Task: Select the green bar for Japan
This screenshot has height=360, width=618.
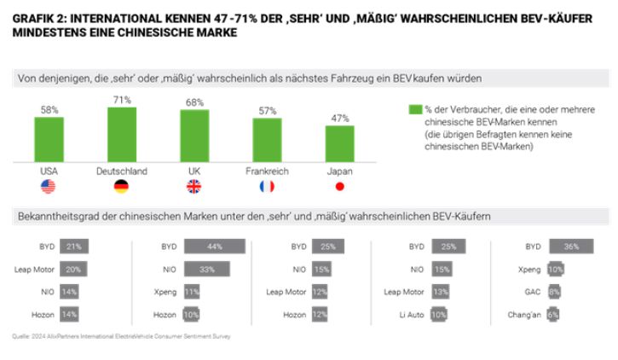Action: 339,144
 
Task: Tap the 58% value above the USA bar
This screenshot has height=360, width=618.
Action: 49,109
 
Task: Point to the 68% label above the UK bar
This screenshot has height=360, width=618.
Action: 194,103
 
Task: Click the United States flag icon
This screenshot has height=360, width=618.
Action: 49,186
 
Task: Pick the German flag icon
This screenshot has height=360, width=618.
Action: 121,186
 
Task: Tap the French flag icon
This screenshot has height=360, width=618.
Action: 267,186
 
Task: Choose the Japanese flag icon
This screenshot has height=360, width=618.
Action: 339,186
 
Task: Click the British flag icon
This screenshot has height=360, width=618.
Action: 194,186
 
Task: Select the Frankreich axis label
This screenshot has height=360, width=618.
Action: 267,171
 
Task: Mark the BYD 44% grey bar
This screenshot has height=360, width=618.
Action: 215,247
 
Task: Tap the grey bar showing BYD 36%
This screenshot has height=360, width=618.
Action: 571,247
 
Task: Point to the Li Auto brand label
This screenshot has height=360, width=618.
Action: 407,314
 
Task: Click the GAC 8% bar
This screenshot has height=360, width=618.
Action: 554,292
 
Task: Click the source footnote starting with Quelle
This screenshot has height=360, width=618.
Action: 119,336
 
